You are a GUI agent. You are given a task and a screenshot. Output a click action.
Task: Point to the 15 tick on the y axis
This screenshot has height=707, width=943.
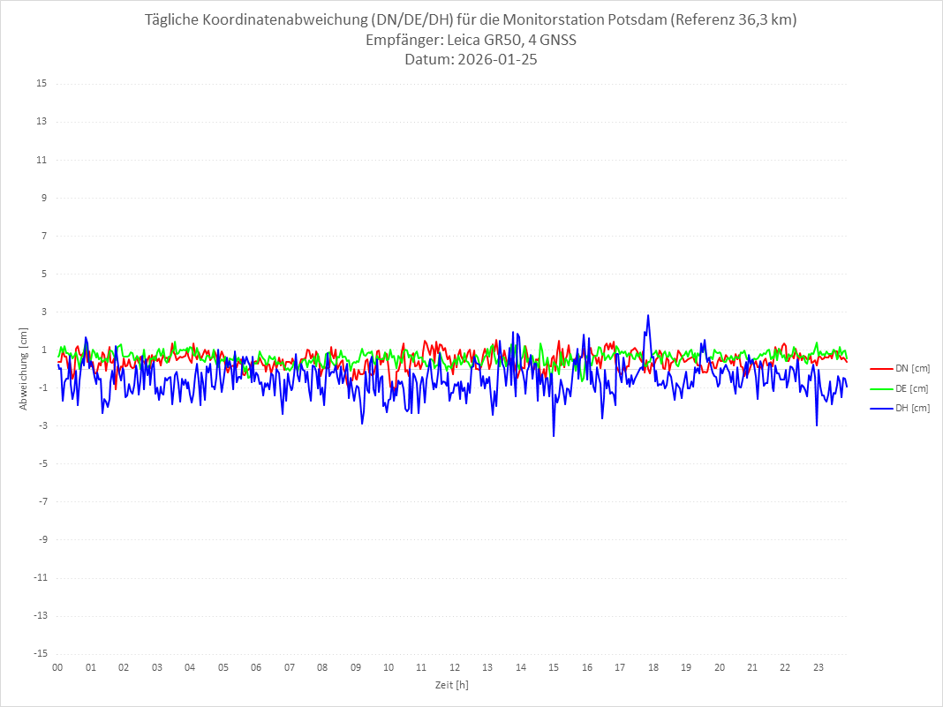(x=41, y=84)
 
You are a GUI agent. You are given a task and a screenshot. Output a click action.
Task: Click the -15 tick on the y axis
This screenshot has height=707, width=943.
(x=40, y=653)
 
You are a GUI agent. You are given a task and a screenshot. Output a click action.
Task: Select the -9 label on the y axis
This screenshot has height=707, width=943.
(x=41, y=539)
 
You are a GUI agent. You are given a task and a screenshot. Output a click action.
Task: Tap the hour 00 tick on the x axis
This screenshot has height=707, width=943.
(x=57, y=667)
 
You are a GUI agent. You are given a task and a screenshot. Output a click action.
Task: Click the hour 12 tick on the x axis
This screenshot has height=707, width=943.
(x=455, y=667)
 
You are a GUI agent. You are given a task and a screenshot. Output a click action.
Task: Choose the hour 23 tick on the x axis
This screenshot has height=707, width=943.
(x=819, y=667)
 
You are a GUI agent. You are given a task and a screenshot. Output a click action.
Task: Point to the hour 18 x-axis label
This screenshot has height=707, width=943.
(x=653, y=667)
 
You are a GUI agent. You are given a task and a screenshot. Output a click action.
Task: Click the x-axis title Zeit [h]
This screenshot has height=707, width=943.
(x=452, y=684)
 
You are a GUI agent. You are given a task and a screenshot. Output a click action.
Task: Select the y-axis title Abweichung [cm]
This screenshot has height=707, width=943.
(x=24, y=368)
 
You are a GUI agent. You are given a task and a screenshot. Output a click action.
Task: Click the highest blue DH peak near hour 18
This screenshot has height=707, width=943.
(x=648, y=315)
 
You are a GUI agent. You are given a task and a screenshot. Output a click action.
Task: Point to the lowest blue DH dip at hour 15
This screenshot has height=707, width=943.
(x=554, y=436)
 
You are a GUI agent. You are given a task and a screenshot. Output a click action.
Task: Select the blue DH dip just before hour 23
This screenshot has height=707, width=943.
(x=817, y=425)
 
